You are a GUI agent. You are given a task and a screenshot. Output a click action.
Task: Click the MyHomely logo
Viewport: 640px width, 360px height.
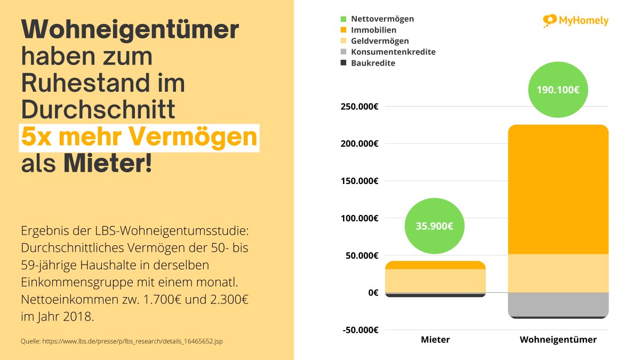[575, 21]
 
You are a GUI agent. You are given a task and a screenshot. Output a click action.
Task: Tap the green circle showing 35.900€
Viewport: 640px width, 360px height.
[435, 226]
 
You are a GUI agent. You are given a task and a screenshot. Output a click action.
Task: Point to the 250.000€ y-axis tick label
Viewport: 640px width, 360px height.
[359, 106]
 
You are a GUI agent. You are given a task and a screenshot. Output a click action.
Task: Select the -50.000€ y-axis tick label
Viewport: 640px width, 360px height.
[360, 330]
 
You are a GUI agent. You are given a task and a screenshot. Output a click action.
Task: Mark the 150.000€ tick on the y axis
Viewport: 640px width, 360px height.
[359, 181]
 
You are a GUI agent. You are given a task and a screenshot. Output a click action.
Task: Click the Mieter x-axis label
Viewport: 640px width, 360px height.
[435, 340]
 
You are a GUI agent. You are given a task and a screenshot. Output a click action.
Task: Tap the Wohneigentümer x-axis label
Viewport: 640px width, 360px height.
[558, 340]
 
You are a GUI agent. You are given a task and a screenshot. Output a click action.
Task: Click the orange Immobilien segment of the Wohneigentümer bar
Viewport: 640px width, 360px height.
[558, 189]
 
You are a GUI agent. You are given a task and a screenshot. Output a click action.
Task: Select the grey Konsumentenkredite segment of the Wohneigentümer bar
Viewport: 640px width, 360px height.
[558, 304]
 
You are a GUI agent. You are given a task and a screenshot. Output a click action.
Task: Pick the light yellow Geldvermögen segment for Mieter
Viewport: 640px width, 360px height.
[435, 281]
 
